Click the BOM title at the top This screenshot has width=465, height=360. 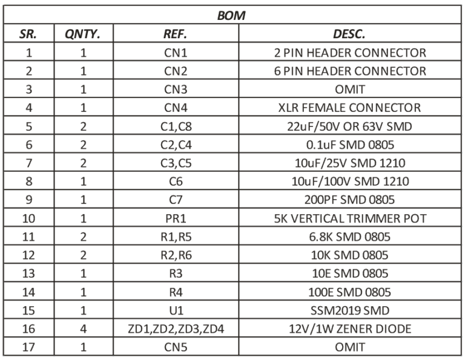231,15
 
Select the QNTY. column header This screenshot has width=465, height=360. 82,34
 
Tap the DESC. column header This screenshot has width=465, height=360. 349,34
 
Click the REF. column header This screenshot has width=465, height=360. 175,34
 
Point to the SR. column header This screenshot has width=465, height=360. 28,34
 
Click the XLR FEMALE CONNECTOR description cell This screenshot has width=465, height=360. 349,108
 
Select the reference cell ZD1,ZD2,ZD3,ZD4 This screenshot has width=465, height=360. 176,329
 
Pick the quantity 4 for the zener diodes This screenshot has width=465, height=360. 84,329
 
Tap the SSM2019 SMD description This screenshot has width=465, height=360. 350,310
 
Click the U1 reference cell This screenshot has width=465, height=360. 176,310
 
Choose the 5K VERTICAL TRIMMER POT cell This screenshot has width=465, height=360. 350,218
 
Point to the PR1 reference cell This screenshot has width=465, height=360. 176,218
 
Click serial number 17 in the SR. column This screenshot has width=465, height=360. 29,347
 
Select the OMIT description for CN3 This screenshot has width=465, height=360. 350,90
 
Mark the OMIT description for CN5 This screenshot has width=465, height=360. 350,347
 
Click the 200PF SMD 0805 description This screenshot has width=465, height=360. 349,200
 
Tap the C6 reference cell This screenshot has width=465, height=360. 176,182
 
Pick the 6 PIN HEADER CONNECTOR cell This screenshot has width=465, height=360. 350,71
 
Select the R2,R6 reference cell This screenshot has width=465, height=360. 176,255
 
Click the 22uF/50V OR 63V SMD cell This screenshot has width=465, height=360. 349,127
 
